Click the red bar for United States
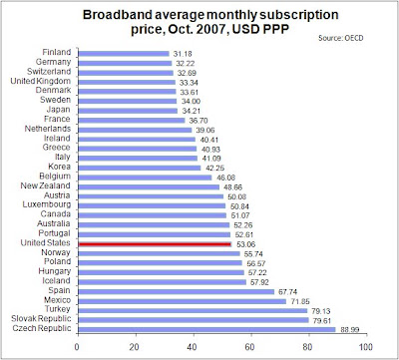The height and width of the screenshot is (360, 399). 155,244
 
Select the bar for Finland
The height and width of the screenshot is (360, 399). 124,54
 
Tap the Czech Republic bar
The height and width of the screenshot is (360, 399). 207,330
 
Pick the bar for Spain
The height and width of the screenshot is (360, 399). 177,291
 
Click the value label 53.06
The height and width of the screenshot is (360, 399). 246,244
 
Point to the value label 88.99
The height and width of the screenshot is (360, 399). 349,330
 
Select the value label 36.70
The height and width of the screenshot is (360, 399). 199,121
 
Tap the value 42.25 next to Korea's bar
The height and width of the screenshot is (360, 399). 214,169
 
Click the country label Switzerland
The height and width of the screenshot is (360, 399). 49,72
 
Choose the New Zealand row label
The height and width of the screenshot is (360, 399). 46,185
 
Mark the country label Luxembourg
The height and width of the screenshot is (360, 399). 47,204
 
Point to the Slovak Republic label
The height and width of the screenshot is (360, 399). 41,318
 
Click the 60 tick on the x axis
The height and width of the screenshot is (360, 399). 249,347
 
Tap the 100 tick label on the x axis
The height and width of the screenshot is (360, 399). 366,347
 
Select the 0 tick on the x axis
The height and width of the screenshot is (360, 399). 77,347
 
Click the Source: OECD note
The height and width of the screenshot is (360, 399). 341,38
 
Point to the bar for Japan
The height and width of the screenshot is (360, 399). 128,111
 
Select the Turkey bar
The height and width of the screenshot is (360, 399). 193,310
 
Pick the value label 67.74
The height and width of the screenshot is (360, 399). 288,292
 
